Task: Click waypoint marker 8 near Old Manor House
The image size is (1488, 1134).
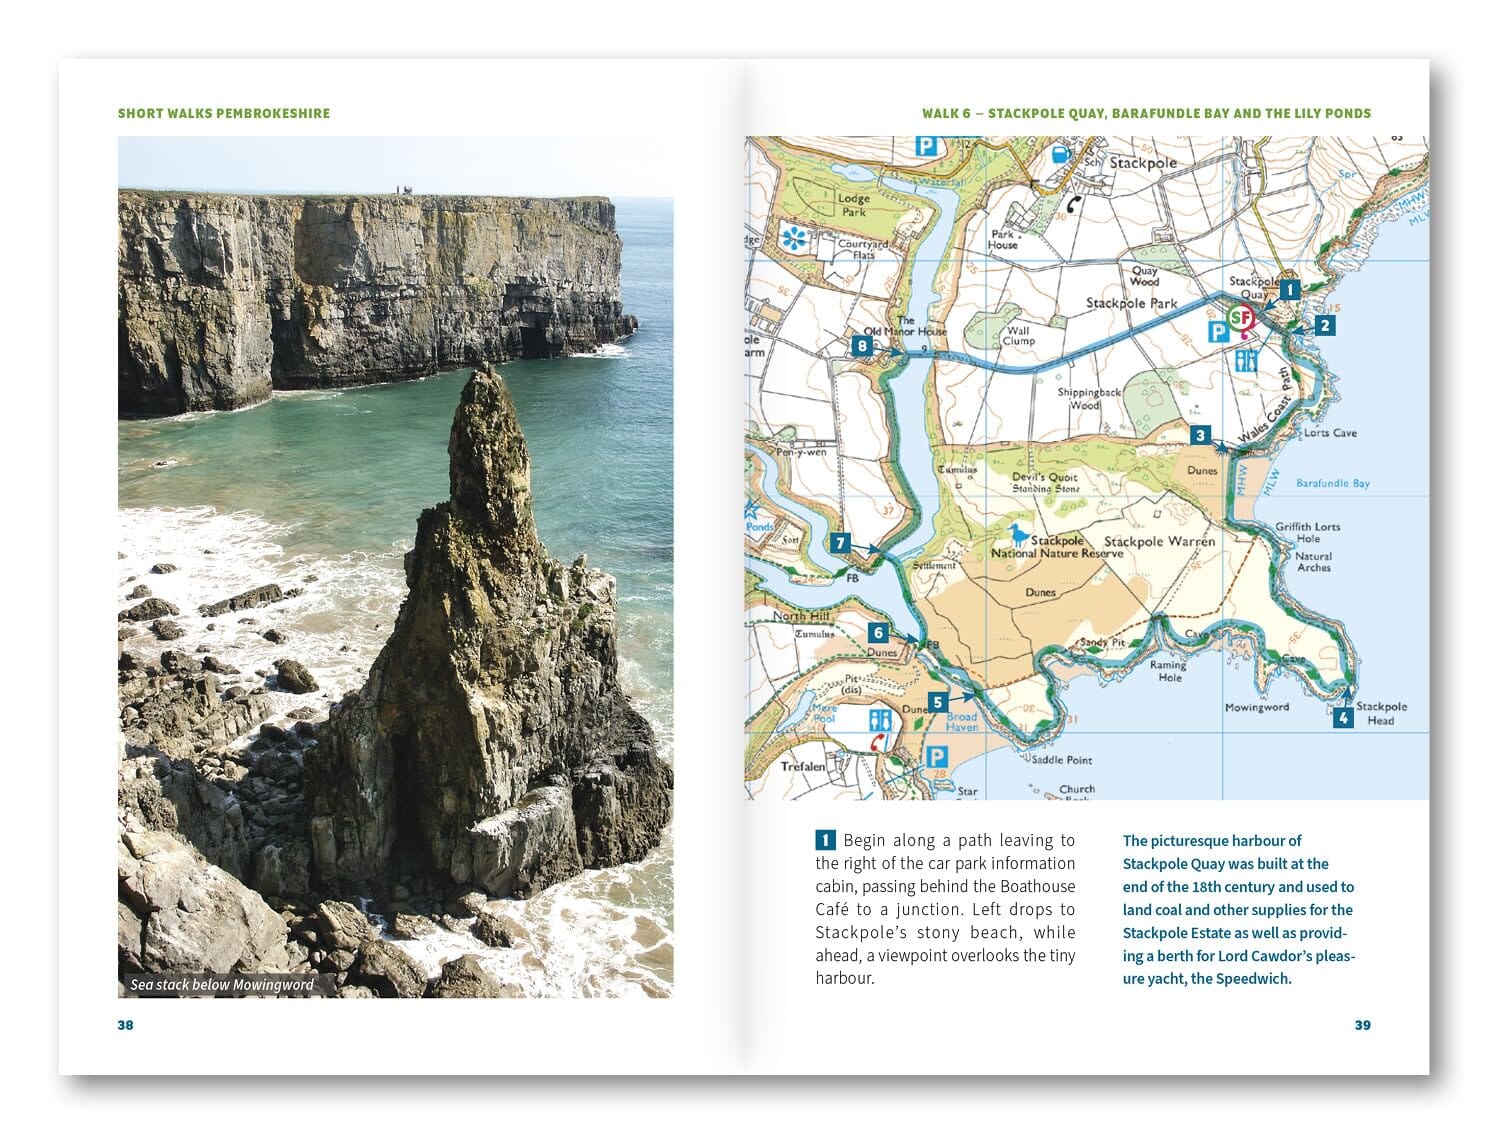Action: (862, 347)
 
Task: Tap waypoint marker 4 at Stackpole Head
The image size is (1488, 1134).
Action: (1343, 717)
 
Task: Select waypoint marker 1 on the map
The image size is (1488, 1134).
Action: (1289, 290)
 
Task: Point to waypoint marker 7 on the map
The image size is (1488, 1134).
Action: (840, 544)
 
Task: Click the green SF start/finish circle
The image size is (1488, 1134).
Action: (1241, 318)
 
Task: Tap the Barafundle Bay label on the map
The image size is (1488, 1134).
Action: (1332, 484)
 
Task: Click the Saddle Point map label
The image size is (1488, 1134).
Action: (1062, 760)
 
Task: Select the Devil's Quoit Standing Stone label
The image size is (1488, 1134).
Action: (1045, 483)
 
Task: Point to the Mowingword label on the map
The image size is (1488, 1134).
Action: (1256, 707)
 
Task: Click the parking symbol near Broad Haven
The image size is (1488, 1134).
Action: (936, 757)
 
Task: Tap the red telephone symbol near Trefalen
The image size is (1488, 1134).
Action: (878, 742)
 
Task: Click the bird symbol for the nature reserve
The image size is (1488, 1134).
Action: (1017, 533)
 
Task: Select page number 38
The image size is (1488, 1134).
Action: (125, 1025)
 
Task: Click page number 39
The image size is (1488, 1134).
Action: (1362, 1025)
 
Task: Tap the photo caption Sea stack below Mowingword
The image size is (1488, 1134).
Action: (222, 985)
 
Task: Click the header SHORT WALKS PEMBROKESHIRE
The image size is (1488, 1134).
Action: (224, 113)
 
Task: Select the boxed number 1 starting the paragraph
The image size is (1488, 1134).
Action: (825, 840)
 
